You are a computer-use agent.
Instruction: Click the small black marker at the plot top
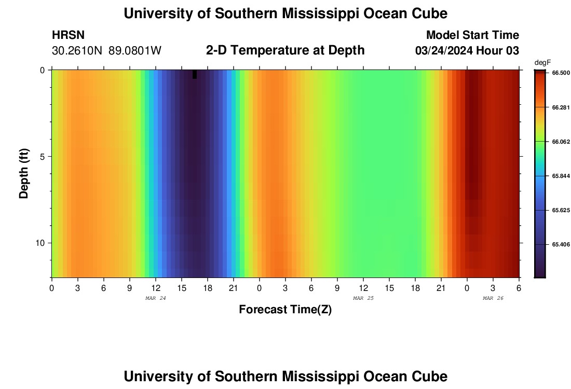[x=195, y=74]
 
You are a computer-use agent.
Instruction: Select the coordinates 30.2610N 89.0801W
[x=107, y=50]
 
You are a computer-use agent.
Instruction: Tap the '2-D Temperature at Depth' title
[x=285, y=50]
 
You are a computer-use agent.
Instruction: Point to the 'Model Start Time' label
[x=472, y=35]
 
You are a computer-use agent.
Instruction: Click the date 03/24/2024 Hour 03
[x=467, y=50]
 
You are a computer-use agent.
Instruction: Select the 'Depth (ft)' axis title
[x=24, y=174]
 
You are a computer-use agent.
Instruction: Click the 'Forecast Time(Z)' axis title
[x=285, y=310]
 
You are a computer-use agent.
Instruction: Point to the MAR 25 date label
[x=363, y=298]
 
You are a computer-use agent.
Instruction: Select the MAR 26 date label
[x=493, y=298]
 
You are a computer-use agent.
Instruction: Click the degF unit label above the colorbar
[x=541, y=63]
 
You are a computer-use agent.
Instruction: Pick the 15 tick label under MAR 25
[x=389, y=287]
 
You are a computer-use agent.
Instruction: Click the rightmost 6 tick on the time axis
[x=519, y=287]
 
